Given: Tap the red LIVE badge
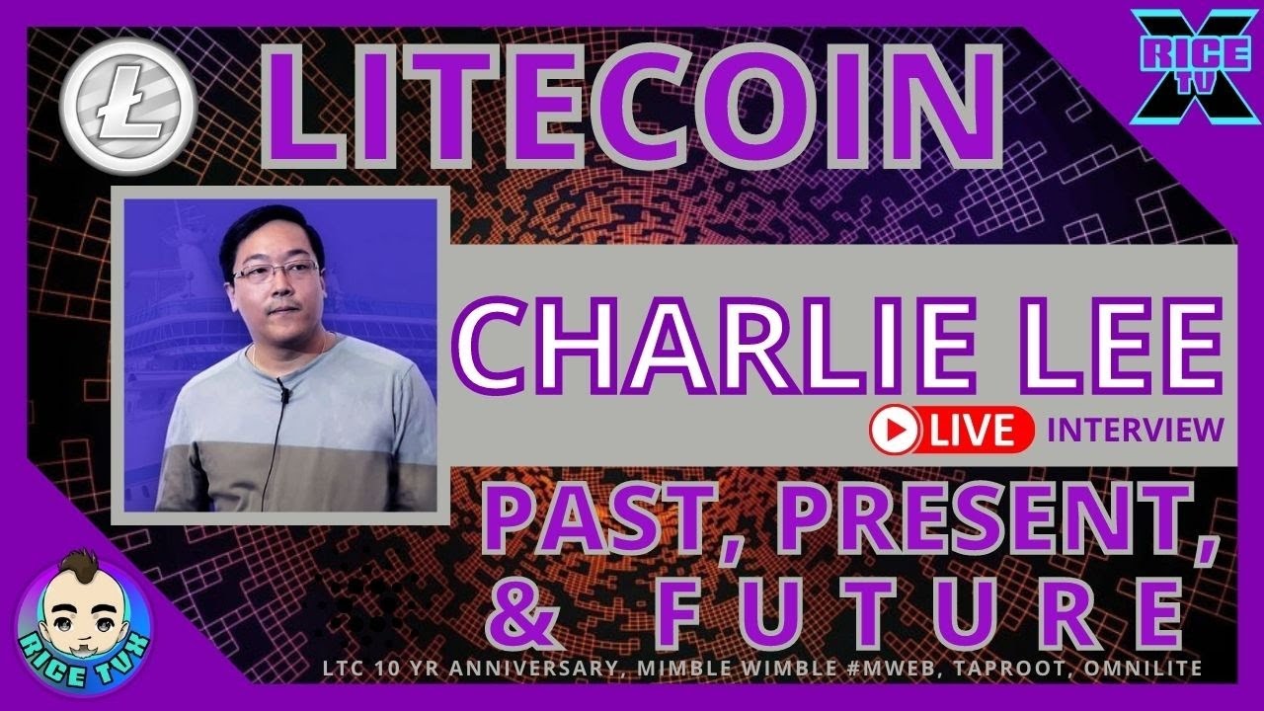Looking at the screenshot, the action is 951,431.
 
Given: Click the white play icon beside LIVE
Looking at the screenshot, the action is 895,431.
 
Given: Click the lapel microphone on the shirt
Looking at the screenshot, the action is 283,390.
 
